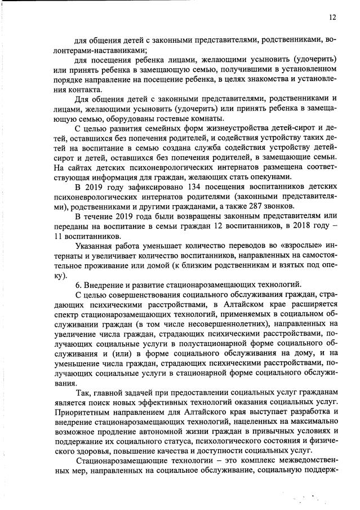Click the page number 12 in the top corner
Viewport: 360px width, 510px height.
click(x=332, y=17)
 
